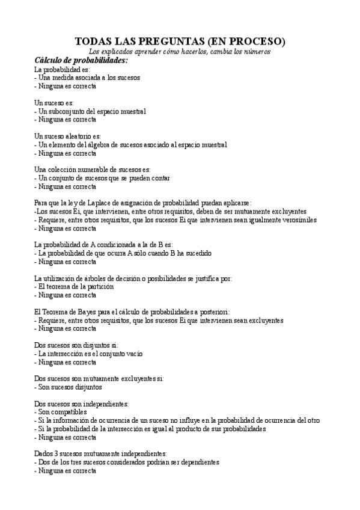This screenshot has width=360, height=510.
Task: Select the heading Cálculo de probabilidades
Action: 81,61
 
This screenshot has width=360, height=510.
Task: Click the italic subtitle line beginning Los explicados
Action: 180,52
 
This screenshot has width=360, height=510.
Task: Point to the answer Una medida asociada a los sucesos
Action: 88,78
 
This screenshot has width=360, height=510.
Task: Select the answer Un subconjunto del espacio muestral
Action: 92,111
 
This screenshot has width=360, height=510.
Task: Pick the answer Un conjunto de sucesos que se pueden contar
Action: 104,178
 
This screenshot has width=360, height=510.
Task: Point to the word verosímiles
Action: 299,220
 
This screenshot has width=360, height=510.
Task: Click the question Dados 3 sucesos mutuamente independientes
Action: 100,454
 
